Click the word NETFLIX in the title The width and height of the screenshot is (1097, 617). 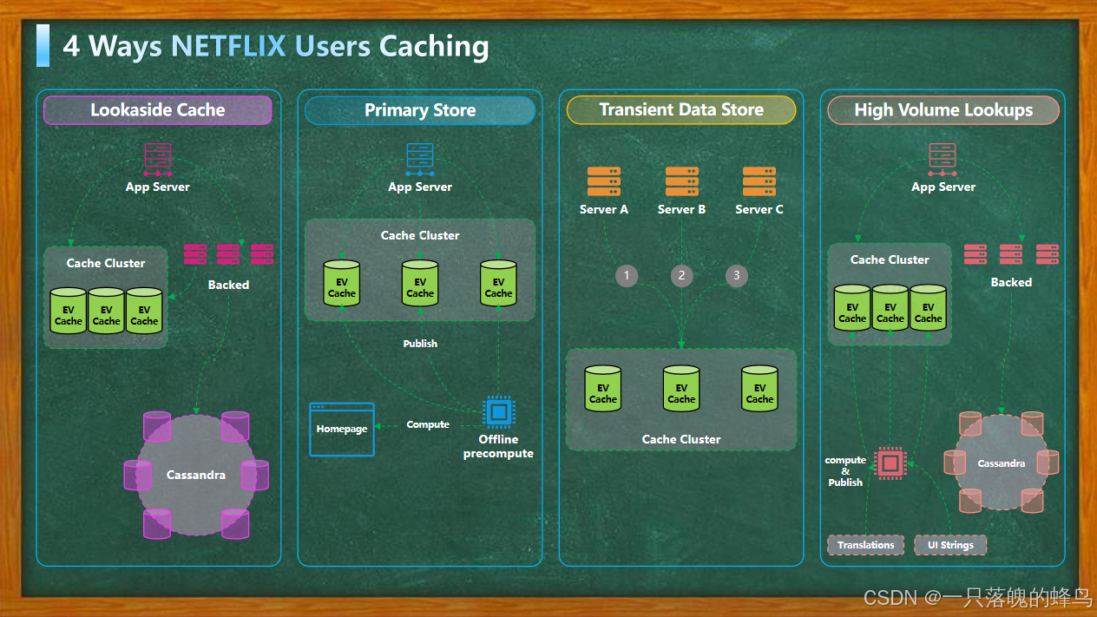tap(228, 46)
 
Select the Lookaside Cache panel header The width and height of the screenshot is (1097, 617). tap(158, 110)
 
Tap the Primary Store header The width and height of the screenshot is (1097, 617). tap(420, 110)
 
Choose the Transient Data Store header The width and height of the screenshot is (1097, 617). tap(681, 110)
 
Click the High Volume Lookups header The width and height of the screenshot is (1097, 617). tap(943, 110)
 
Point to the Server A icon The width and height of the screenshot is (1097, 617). tap(604, 181)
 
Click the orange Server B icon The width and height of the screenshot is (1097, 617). tap(682, 181)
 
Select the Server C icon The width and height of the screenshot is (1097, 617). tap(759, 181)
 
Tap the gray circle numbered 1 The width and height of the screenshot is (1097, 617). tap(627, 276)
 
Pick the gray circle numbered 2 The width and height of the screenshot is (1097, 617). tap(682, 276)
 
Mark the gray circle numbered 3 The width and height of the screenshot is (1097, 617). tap(737, 276)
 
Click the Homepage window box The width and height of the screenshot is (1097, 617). tap(342, 429)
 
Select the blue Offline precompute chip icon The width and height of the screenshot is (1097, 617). tap(498, 412)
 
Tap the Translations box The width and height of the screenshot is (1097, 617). tap(865, 545)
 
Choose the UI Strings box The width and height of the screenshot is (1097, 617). tap(950, 545)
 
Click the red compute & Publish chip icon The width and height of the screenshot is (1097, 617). tap(890, 463)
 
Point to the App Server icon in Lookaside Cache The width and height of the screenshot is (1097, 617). tap(158, 160)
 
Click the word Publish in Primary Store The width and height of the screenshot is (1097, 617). tap(420, 344)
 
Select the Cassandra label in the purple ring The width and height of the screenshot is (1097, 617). tap(196, 475)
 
